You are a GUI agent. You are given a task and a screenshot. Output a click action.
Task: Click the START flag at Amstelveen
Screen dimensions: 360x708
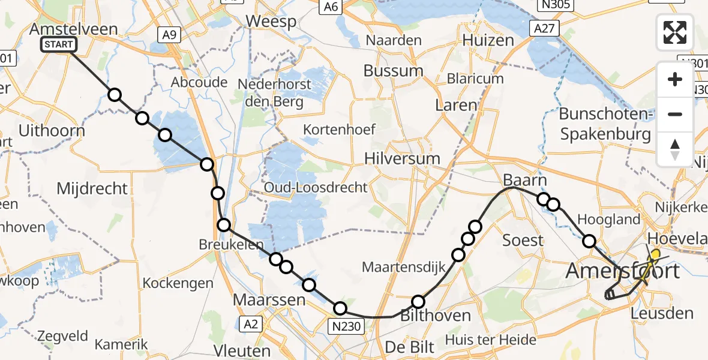tap(59, 44)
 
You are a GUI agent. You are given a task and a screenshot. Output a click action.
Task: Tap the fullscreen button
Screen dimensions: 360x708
tap(675, 32)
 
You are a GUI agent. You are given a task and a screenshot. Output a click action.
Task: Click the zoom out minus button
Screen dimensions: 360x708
tap(675, 114)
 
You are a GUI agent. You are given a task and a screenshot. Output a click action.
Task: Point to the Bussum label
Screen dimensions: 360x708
tap(393, 70)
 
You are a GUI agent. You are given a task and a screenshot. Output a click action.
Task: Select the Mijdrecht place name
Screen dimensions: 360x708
tap(92, 188)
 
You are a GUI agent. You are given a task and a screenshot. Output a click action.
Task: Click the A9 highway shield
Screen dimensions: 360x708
tap(169, 35)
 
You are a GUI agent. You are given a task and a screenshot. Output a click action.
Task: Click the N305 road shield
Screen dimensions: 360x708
tap(556, 5)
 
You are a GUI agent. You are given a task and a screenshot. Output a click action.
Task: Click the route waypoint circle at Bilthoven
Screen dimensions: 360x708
tap(418, 302)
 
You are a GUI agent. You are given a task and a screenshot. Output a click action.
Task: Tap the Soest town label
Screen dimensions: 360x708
tap(523, 241)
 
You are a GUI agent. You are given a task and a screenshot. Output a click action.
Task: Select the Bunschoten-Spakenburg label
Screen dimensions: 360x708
tap(605, 124)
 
